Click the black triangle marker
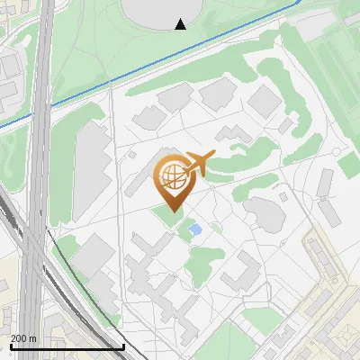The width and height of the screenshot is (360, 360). pos(181,24)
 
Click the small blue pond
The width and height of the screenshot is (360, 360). pos(195,231)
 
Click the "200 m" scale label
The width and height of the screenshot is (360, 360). pos(22,337)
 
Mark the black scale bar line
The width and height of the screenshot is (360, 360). pos(67,346)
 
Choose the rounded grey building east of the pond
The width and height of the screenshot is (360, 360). pos(261,212)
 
